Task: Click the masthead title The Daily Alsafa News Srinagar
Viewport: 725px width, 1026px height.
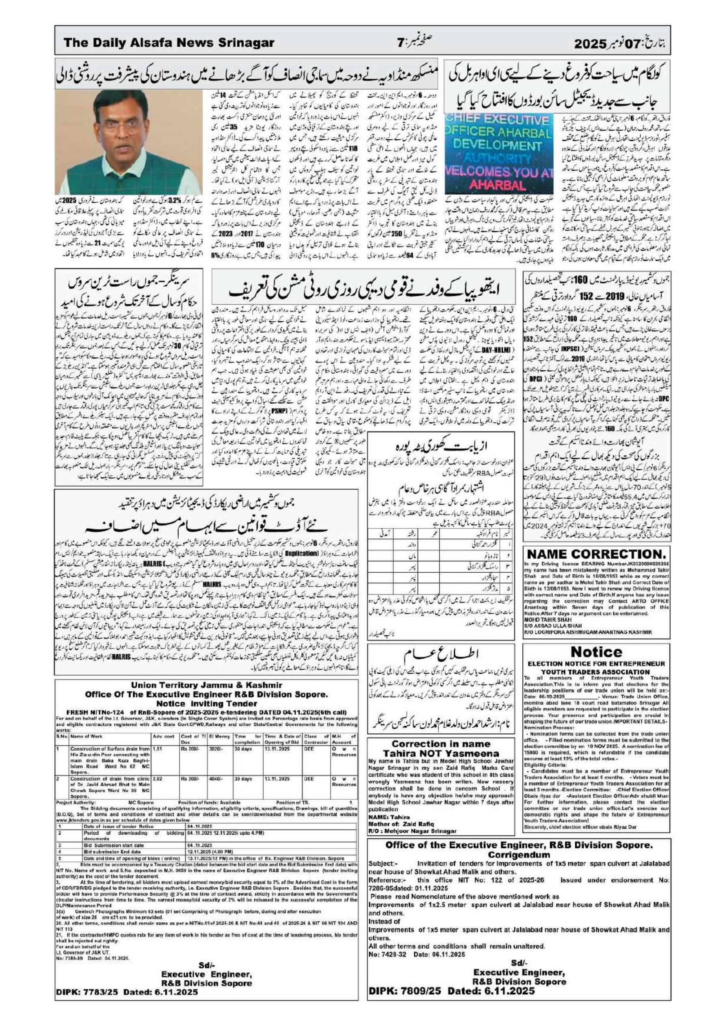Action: pos(169,43)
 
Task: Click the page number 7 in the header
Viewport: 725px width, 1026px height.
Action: pos(400,43)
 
